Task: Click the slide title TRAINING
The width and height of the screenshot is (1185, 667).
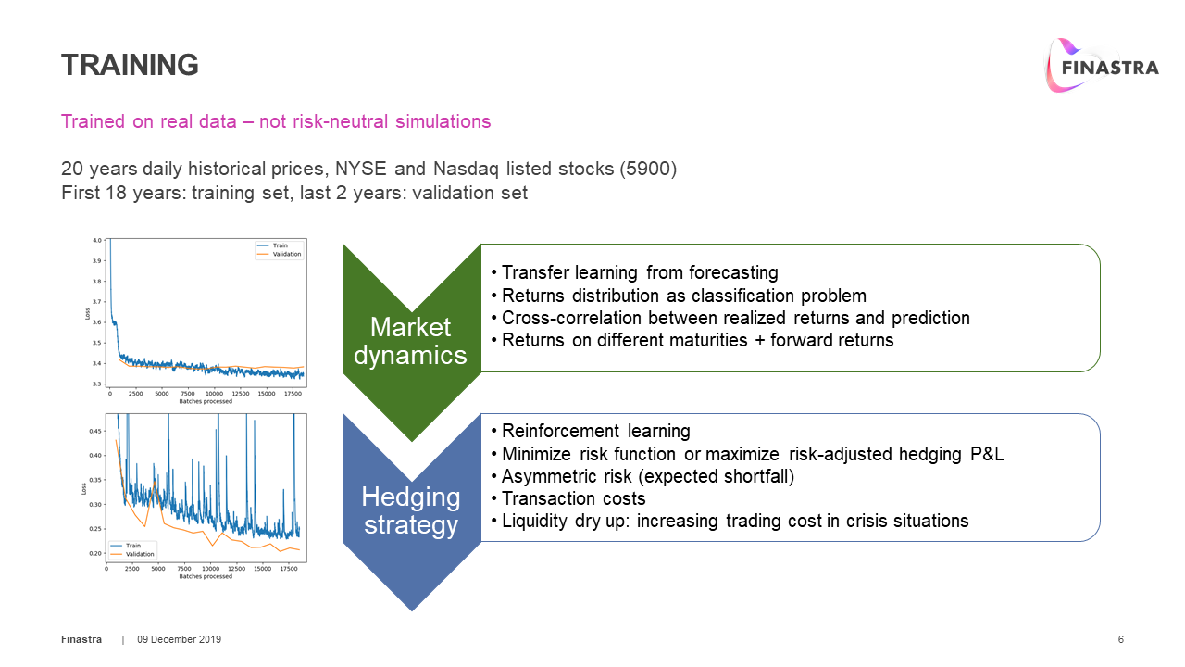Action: point(130,65)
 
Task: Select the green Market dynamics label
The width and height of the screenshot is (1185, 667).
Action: point(410,340)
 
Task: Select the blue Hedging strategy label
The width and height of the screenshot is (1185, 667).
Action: point(410,510)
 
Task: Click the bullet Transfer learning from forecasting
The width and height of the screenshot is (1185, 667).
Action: point(639,272)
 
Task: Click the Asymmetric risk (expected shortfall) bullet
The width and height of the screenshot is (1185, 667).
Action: point(648,476)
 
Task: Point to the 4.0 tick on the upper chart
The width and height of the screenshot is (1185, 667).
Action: point(97,241)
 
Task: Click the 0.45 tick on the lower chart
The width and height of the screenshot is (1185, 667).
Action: point(95,431)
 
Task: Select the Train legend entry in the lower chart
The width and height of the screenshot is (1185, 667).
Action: point(133,545)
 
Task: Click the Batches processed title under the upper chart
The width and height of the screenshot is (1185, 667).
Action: point(206,401)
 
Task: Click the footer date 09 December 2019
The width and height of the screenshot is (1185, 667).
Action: point(180,640)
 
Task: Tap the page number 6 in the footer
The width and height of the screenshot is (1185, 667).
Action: point(1121,640)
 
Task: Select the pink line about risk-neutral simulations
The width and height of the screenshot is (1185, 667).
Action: point(276,121)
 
